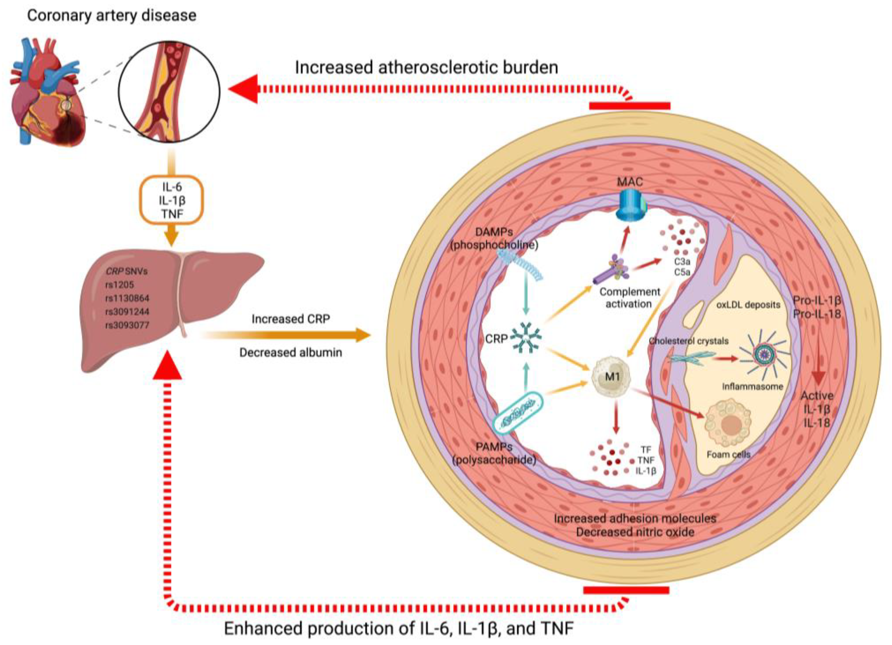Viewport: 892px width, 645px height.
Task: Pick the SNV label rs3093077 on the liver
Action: pyautogui.click(x=127, y=325)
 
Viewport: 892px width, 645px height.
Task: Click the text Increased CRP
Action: pyautogui.click(x=291, y=319)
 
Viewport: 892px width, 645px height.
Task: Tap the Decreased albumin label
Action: pyautogui.click(x=291, y=352)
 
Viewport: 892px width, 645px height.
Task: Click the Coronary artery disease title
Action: pyautogui.click(x=112, y=15)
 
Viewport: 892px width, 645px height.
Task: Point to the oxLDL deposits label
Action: pyautogui.click(x=748, y=305)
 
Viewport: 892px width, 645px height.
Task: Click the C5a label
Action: pyautogui.click(x=682, y=272)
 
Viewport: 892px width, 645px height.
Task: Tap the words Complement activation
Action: pyautogui.click(x=629, y=298)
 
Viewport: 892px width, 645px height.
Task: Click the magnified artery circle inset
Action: pyautogui.click(x=169, y=91)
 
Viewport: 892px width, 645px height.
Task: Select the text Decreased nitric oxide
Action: pyautogui.click(x=635, y=532)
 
